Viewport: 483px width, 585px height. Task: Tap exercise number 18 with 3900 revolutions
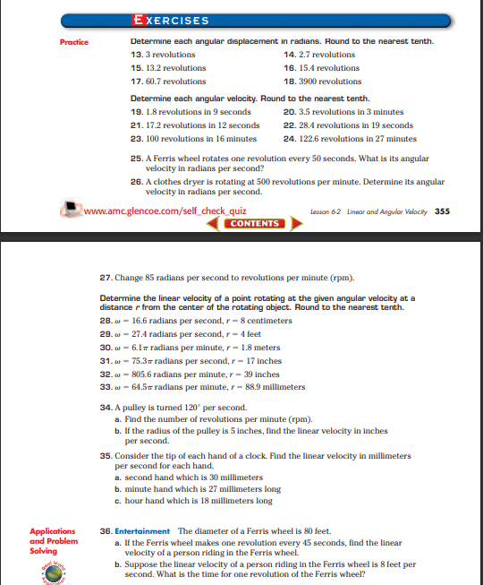pyautogui.click(x=289, y=81)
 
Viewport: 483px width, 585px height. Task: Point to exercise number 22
pyautogui.click(x=289, y=125)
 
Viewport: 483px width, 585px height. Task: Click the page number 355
pyautogui.click(x=441, y=212)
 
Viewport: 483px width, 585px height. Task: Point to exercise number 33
pyautogui.click(x=106, y=387)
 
